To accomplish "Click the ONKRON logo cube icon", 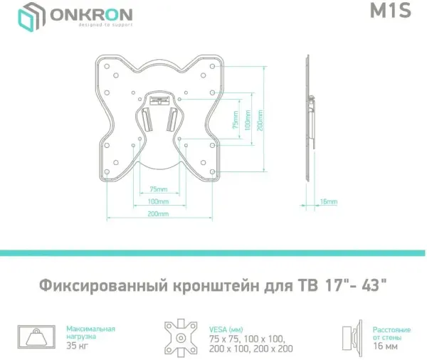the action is pyautogui.click(x=31, y=17).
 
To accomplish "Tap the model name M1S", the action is pyautogui.click(x=390, y=11).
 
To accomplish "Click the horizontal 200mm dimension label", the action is pyautogui.click(x=158, y=214).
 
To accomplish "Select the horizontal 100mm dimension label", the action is pyautogui.click(x=158, y=202).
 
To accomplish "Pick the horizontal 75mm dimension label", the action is pyautogui.click(x=159, y=189).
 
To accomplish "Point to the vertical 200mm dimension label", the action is pyautogui.click(x=260, y=120).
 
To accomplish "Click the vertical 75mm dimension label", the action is pyautogui.click(x=236, y=120).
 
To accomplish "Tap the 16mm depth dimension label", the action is pyautogui.click(x=328, y=202).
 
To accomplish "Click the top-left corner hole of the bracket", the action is pyautogui.click(x=107, y=66).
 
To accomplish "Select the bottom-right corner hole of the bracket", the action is pyautogui.click(x=212, y=172).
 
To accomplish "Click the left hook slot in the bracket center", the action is pyautogui.click(x=146, y=119).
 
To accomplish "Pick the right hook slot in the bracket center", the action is pyautogui.click(x=172, y=119).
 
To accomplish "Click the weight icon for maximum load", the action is pyautogui.click(x=36, y=337).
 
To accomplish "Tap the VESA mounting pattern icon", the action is pyautogui.click(x=181, y=338).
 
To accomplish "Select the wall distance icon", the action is pyautogui.click(x=352, y=339).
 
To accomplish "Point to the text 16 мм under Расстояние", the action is pyautogui.click(x=385, y=346).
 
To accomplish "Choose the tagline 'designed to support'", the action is pyautogui.click(x=105, y=25).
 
